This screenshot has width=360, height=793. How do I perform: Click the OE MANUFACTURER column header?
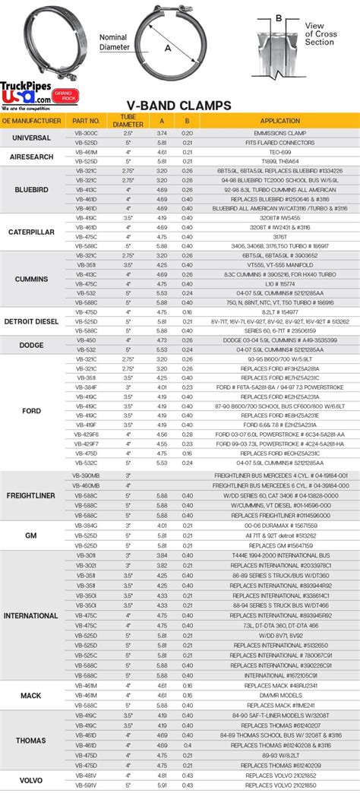32,120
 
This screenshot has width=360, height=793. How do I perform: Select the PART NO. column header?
86,120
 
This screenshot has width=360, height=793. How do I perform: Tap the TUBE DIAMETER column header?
128,120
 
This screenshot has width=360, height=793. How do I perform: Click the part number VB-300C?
86,132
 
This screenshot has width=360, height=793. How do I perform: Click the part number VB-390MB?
86,475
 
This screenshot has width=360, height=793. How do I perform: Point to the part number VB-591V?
86,785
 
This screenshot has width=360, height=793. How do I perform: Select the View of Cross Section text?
318,33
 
